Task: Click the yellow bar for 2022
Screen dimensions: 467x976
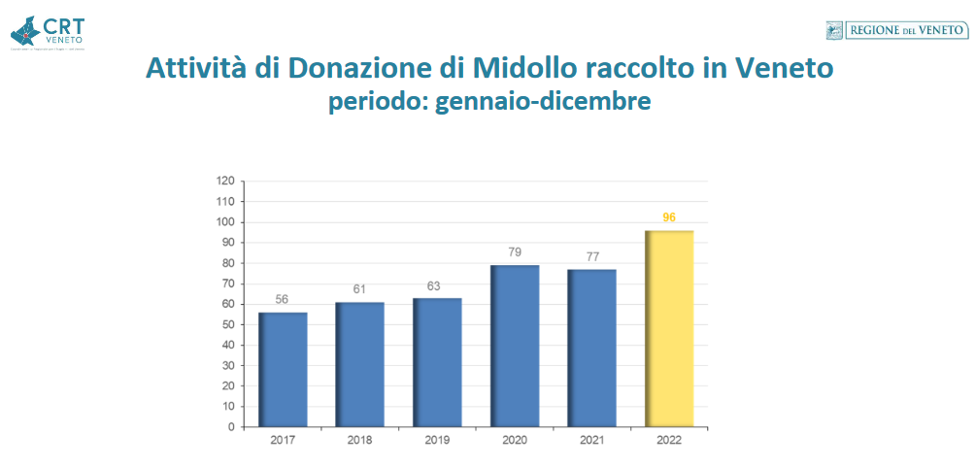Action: coord(670,329)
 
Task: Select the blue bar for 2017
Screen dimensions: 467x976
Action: coord(283,370)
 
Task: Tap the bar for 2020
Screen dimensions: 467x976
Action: coord(515,347)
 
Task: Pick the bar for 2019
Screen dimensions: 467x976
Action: coord(437,362)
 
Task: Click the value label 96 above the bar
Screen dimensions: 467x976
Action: coord(669,217)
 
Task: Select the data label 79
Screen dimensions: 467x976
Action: coord(515,252)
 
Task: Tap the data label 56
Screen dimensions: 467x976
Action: coord(282,299)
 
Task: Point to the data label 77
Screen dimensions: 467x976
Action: coord(592,256)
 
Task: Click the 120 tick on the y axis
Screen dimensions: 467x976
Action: coord(225,182)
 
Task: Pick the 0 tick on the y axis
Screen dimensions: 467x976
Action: coord(231,427)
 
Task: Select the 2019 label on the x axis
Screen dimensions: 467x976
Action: coord(437,441)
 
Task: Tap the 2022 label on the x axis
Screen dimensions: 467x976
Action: coord(669,441)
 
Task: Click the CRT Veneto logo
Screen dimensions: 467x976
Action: coord(49,31)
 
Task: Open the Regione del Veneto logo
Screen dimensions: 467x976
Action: coord(895,31)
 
